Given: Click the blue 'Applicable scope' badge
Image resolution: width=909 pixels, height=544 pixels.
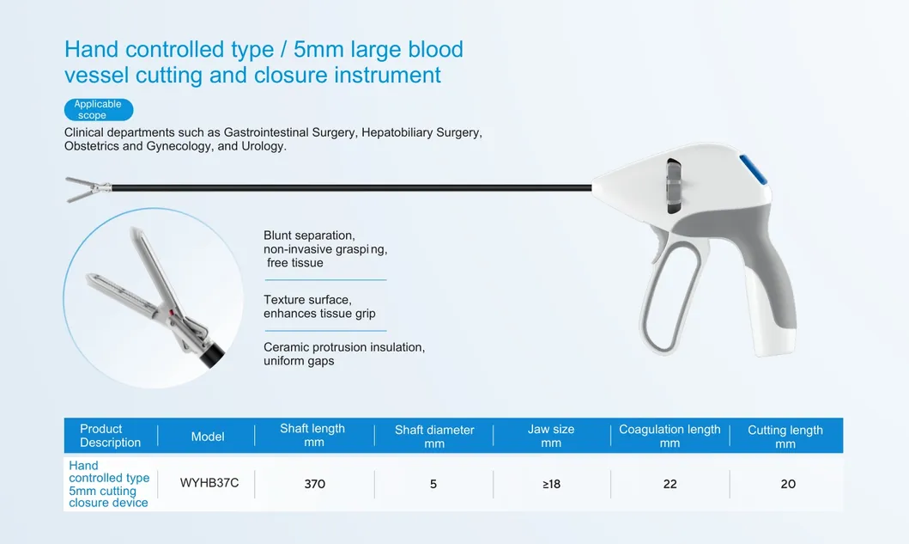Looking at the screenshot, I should [x=98, y=109].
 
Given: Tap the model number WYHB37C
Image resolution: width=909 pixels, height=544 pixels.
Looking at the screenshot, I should [x=209, y=483].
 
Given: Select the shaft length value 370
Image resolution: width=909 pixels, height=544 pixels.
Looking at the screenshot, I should [x=315, y=484].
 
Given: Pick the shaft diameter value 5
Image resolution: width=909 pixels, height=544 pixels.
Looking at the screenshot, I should [x=433, y=484].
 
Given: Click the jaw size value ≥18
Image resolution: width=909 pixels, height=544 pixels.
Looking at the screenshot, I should [x=551, y=484].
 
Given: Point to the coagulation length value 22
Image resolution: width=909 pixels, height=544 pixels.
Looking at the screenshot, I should [x=670, y=484].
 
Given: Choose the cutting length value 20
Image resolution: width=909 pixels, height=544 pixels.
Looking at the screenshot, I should [x=787, y=484].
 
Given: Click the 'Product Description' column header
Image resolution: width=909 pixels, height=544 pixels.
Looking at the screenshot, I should [x=110, y=436].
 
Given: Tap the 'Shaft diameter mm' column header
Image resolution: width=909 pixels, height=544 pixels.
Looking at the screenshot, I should [x=434, y=437].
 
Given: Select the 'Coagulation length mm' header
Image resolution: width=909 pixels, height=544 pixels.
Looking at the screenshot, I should [x=670, y=436].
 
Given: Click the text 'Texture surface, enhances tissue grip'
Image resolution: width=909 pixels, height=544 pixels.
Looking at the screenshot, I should [x=319, y=307].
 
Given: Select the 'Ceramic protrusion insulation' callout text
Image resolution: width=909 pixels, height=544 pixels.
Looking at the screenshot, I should [x=343, y=347].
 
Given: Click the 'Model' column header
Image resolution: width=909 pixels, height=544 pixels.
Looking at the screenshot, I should [x=208, y=437].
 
